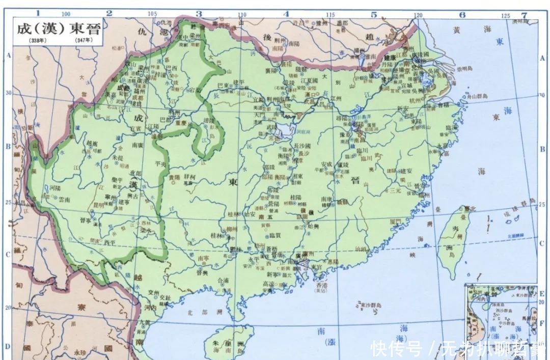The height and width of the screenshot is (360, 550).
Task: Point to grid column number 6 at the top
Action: point(462,14)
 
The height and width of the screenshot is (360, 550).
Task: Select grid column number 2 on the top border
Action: point(109,13)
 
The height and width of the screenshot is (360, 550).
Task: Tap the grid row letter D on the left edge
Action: point(7,346)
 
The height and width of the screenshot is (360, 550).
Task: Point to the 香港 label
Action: point(319,286)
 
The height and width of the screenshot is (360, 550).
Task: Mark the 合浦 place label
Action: point(223,280)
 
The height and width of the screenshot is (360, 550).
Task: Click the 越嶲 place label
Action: point(91,144)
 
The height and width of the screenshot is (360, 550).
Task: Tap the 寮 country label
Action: point(80,307)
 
